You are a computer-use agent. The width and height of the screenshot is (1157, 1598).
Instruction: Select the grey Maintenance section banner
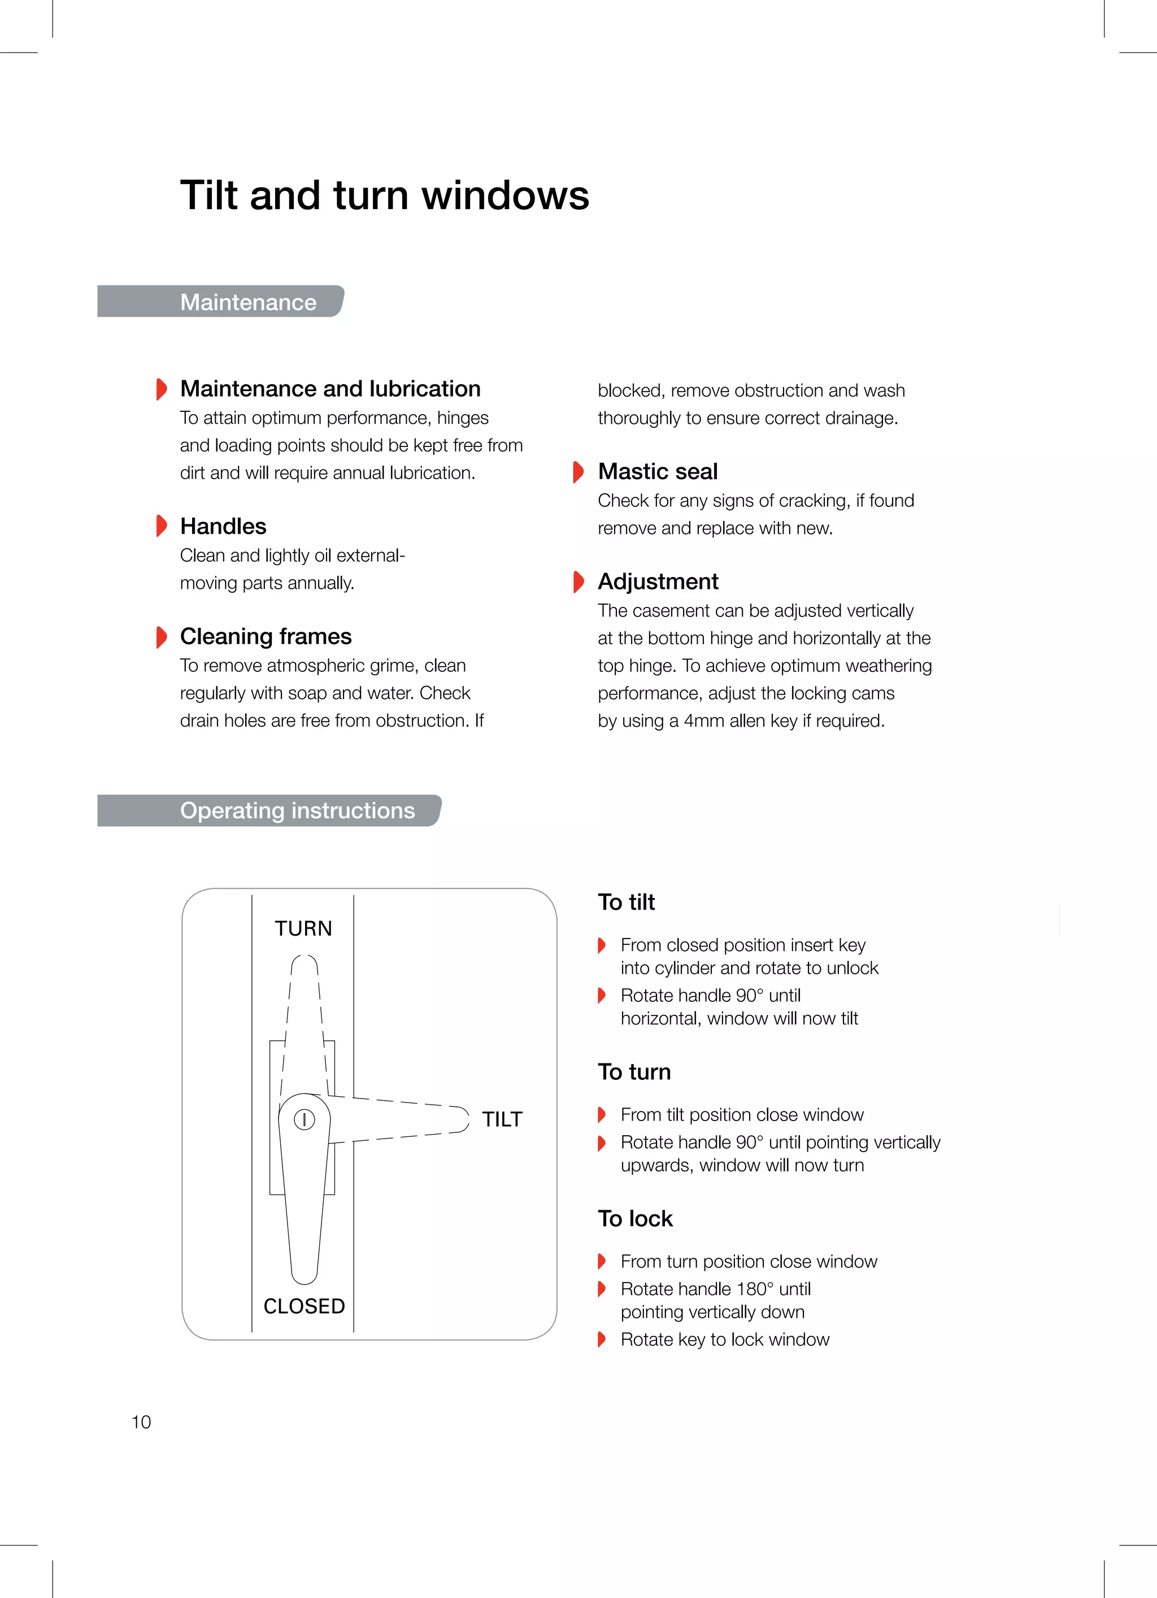tap(220, 302)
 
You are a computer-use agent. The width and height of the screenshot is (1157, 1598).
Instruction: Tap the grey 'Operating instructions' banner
tap(269, 810)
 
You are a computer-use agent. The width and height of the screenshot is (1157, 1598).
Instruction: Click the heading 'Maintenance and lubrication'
tap(330, 389)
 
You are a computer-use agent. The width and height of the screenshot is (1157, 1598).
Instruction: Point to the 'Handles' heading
tap(223, 526)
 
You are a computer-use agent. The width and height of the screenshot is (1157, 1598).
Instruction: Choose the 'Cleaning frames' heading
tap(266, 636)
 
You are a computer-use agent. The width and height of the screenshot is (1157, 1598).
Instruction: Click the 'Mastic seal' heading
tap(658, 471)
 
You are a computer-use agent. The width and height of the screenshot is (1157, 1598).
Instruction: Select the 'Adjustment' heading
tap(658, 581)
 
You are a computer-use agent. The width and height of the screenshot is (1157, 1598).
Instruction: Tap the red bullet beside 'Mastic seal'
tap(578, 471)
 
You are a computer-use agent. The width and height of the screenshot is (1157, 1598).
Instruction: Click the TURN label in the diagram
tap(303, 928)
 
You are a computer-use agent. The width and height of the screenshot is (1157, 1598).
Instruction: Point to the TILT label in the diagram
tap(502, 1119)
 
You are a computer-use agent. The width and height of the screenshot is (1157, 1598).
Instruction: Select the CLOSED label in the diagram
tap(304, 1306)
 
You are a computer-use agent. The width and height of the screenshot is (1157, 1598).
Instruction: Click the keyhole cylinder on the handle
tap(304, 1119)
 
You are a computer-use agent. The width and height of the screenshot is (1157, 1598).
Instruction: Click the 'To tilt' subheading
tap(626, 902)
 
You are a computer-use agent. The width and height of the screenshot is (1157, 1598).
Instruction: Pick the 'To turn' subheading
tap(634, 1072)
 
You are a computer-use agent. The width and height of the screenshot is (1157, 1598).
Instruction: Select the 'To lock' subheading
tap(635, 1218)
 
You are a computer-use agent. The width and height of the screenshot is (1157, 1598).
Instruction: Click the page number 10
tap(141, 1422)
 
